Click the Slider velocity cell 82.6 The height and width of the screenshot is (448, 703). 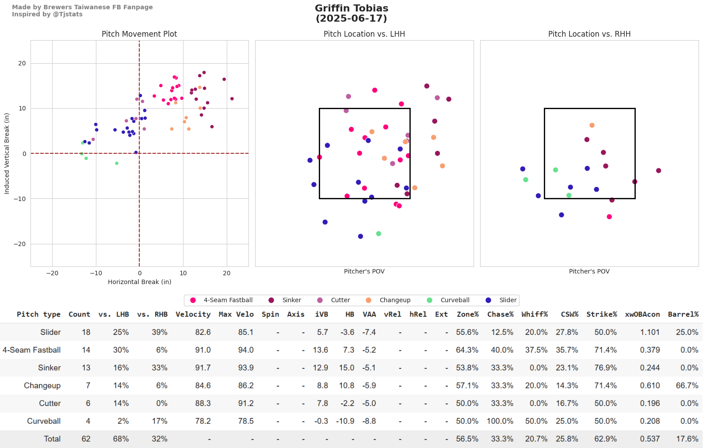coord(203,332)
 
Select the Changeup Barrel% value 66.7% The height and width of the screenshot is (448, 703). coord(687,386)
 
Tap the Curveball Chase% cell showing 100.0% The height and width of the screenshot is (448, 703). coord(500,421)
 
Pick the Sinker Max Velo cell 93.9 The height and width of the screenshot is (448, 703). coord(246,368)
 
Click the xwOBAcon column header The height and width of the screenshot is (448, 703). coord(642,314)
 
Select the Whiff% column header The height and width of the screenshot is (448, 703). coord(535,314)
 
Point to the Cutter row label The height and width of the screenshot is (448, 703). coord(50,403)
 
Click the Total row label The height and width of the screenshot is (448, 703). coord(52,439)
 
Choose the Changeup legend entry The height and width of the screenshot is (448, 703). coord(395,300)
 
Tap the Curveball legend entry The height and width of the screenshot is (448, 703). coord(455,300)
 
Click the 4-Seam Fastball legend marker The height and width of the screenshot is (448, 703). coord(193,300)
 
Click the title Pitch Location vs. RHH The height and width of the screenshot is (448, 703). coord(589,34)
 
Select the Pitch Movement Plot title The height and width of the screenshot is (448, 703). coord(139,34)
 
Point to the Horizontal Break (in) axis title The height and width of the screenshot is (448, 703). coord(139,282)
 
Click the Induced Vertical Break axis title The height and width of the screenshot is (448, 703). coord(7,154)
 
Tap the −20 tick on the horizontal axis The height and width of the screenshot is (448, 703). coord(52,273)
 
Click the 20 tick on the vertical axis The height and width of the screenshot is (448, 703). coord(22,63)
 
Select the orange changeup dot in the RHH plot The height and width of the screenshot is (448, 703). coord(592,125)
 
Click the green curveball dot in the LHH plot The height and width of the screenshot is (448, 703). coord(378,234)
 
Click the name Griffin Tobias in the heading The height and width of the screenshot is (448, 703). coord(351,8)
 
